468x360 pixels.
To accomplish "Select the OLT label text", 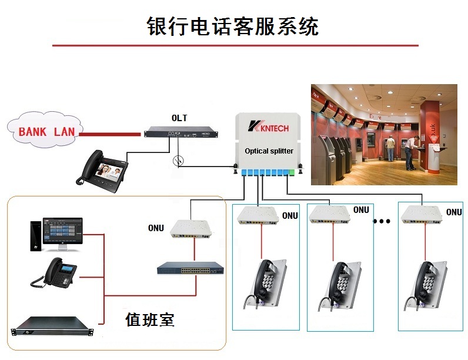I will (179, 118).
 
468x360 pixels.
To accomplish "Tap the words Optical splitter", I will (269, 151).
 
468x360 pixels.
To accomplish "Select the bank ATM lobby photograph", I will (383, 134).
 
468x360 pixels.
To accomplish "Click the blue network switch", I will (190, 269).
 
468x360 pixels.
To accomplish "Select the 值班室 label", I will (150, 319).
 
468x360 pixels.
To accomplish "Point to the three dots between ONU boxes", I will (382, 222).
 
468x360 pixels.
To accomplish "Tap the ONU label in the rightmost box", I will (454, 212).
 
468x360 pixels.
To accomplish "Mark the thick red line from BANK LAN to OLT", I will (112, 134).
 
